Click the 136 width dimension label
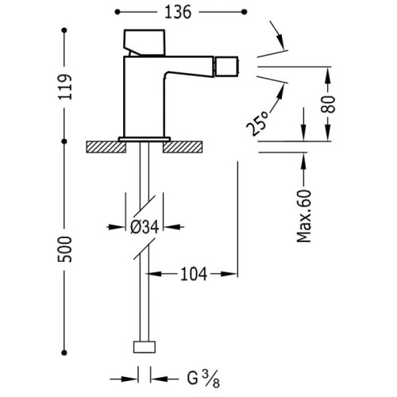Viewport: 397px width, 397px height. point(178,13)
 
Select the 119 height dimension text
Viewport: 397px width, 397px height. point(65,87)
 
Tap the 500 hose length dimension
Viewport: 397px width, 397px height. point(64,249)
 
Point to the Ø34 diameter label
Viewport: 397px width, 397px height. point(145,227)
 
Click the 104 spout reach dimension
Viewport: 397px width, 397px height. point(194,274)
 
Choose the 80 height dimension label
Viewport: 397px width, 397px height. point(328,104)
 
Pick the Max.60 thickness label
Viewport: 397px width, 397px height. point(304,216)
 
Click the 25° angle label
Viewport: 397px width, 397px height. point(256,122)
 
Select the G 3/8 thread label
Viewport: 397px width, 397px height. point(203,379)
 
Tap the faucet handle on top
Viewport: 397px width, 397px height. point(145,43)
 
